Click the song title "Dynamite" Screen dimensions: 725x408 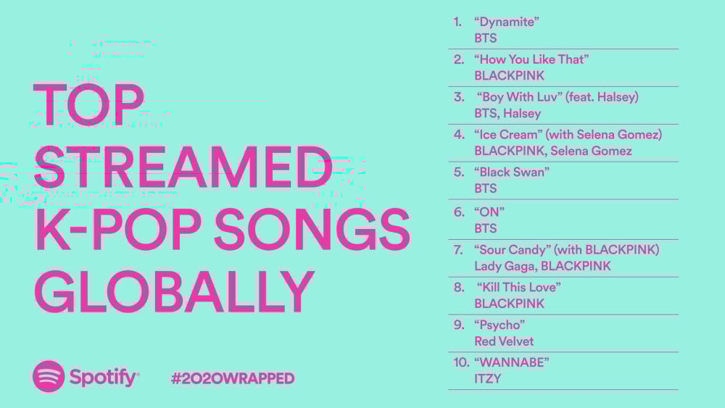coord(507,22)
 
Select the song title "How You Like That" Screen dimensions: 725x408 coord(531,59)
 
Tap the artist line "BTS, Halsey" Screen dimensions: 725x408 coord(507,114)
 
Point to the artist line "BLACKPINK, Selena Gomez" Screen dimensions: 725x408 coord(553,151)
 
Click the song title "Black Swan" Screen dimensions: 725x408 coord(512,172)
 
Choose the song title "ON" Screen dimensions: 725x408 coord(489,212)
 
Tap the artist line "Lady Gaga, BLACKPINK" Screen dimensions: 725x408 coord(543,266)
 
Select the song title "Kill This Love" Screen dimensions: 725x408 coord(519,288)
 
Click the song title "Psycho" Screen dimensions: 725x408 coord(500,325)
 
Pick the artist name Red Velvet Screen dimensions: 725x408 coord(504,341)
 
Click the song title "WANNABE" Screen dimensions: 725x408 coord(512,363)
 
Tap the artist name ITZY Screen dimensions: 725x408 coord(488,379)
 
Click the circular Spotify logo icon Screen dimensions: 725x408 coord(48,377)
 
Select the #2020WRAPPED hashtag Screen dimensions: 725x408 coord(233,378)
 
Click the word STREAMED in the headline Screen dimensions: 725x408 coord(183,167)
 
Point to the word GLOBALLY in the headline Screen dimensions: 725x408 coord(174,291)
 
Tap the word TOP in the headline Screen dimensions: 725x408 coord(88,104)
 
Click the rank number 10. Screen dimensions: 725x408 coord(461,363)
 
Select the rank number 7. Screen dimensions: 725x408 coord(458,250)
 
